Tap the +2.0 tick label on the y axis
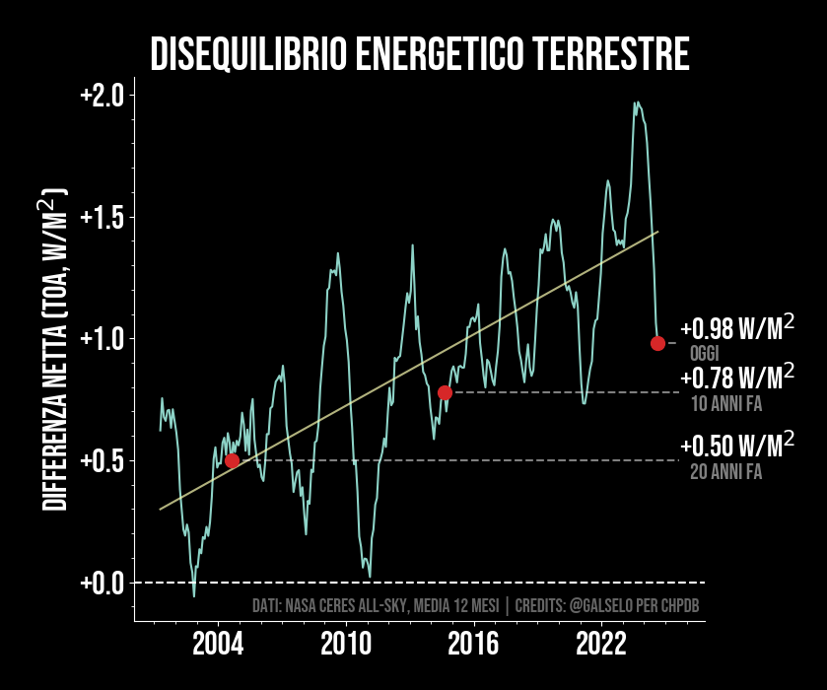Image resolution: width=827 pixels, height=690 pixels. pos(102,96)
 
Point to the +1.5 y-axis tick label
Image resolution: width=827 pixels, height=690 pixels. pos(102,217)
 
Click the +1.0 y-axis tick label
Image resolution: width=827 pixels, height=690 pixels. pos(102,339)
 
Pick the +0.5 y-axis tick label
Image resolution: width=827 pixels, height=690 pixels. pos(102,460)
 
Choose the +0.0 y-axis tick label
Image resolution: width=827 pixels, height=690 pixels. pos(102,583)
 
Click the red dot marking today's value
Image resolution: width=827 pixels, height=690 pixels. pos(657,343)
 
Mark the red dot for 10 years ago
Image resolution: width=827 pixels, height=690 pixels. pos(445,392)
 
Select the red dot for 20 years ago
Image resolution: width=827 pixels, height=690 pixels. pos(232,460)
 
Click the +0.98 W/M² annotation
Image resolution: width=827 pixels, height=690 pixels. pos(736,329)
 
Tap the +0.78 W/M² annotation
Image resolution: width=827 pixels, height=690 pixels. pos(736,379)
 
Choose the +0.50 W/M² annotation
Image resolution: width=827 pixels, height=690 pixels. pos(736,447)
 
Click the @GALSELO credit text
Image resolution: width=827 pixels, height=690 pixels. pos(602,605)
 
